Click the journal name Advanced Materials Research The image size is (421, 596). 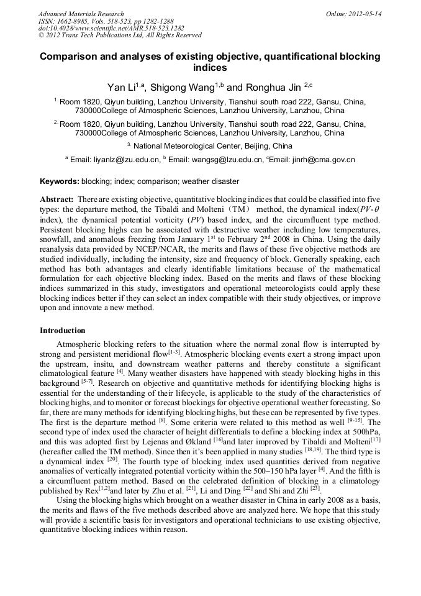(81, 14)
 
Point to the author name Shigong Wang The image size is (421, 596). (185, 88)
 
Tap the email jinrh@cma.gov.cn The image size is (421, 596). (322, 160)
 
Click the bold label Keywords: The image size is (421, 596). (60, 181)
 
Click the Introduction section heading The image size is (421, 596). (63, 331)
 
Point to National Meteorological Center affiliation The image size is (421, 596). (212, 146)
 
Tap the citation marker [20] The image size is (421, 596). (112, 459)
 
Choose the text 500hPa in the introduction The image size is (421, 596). (365, 429)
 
